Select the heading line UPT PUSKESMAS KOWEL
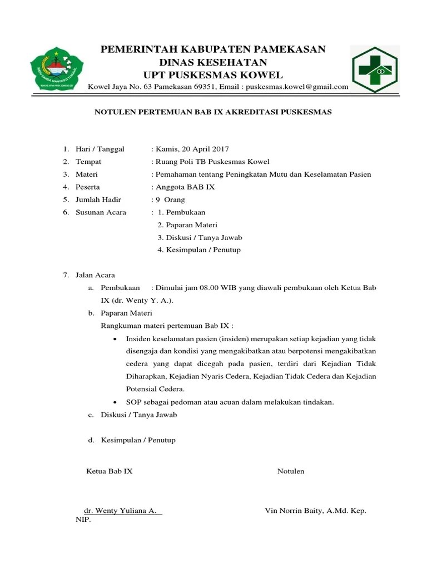pyautogui.click(x=213, y=75)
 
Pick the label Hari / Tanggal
pyautogui.click(x=100, y=149)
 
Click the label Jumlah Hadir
pyautogui.click(x=98, y=199)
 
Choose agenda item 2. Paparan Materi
pyautogui.click(x=187, y=225)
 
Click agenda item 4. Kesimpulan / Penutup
pyautogui.click(x=199, y=250)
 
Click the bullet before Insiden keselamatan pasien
pyautogui.click(x=115, y=339)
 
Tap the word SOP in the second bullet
pyautogui.click(x=133, y=402)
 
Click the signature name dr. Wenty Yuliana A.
pyautogui.click(x=120, y=511)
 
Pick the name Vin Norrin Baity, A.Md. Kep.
pyautogui.click(x=315, y=511)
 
